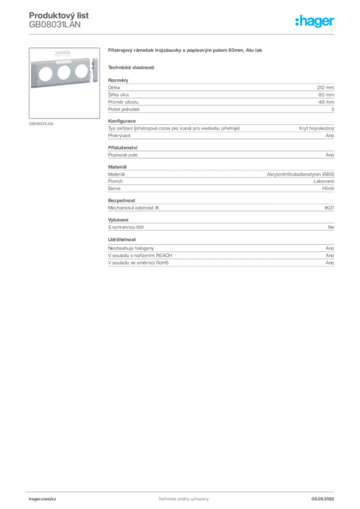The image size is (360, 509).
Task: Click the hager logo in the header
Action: (315, 21)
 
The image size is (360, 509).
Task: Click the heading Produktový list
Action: (59, 15)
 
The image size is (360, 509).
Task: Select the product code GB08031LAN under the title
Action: (55, 25)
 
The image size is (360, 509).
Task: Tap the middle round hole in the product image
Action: (64, 73)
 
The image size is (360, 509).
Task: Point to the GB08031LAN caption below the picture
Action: (41, 124)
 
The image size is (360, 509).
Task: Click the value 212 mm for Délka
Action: (325, 87)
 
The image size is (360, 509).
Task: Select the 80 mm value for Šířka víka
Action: (326, 95)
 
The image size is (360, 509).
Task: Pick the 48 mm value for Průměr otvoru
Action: (326, 102)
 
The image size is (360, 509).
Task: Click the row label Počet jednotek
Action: (124, 109)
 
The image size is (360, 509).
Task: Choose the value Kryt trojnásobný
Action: (317, 128)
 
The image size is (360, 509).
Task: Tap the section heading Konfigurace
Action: (122, 121)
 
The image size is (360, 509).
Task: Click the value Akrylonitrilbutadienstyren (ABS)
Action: (300, 174)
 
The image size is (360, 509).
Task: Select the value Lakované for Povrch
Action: (324, 181)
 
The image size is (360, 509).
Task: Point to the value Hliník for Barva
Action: (328, 188)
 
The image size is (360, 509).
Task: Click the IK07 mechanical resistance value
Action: (329, 208)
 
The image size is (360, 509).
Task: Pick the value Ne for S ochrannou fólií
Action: (331, 227)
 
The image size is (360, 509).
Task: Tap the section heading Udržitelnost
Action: (122, 240)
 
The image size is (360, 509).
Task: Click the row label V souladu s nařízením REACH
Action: (140, 255)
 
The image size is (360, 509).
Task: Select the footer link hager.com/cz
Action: (43, 499)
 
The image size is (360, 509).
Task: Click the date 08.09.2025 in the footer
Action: (323, 499)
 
